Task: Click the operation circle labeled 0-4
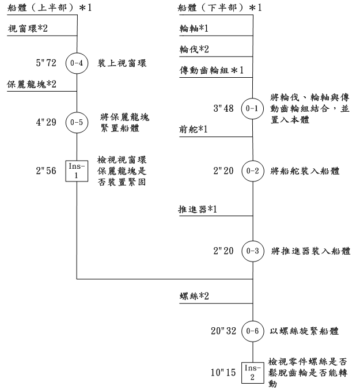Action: (77, 63)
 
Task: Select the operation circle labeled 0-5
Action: (77, 122)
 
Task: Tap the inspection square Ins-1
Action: (77, 172)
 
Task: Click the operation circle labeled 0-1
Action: (253, 108)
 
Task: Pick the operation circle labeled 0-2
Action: (253, 172)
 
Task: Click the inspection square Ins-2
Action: (253, 372)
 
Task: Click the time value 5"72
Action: (46, 63)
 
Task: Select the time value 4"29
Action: (46, 122)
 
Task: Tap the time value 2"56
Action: (46, 172)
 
